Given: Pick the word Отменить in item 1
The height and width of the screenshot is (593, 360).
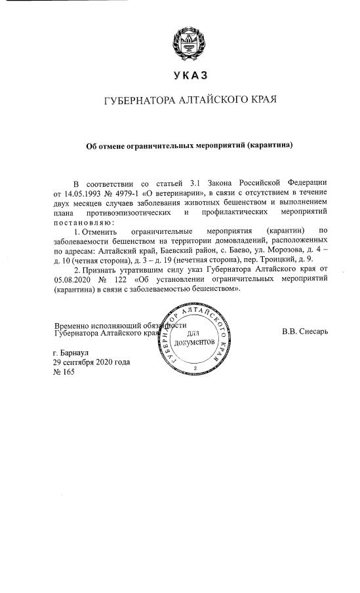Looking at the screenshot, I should point(98,231).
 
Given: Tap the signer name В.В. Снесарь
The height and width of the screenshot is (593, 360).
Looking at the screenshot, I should point(305,331).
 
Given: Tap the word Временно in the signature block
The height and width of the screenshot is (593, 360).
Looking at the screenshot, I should point(77,326).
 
